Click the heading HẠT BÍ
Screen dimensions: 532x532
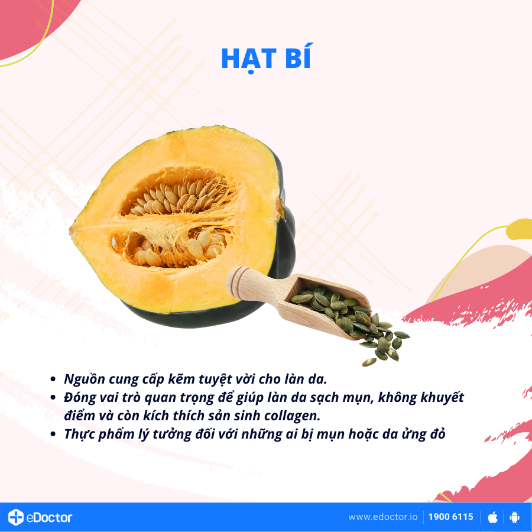coord(266,57)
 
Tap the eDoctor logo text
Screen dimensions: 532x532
coord(48,517)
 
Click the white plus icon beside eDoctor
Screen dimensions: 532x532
coord(16,517)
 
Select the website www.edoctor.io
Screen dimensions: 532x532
coord(382,517)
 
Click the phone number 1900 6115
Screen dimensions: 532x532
coord(450,517)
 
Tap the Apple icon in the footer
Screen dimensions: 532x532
coord(492,517)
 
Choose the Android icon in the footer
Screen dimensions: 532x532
coord(514,517)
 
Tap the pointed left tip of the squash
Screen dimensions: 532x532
coord(72,228)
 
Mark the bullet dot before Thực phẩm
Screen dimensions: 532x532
coord(53,434)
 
